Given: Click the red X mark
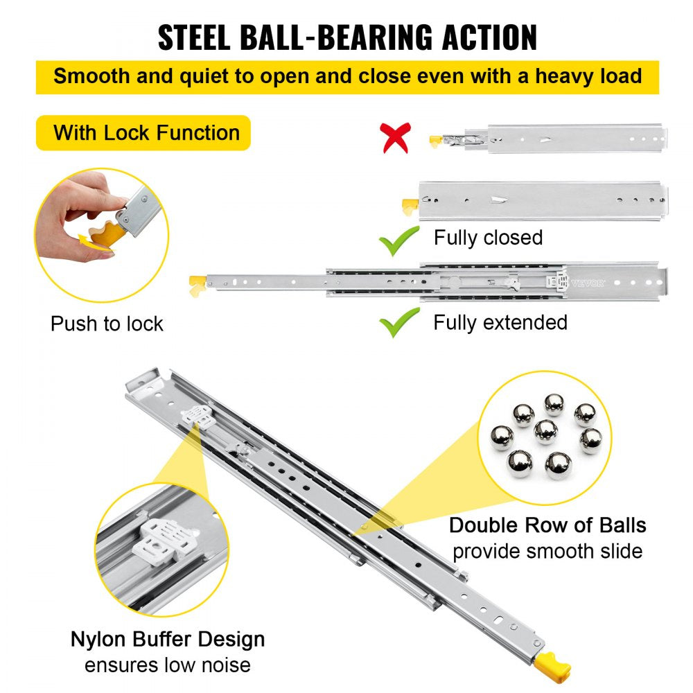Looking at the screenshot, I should (396, 138).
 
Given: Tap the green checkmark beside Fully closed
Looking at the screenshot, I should (399, 240).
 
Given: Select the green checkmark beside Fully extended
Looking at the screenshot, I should (399, 322).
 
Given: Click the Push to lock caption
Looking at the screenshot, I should (107, 324).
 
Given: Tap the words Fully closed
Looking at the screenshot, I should (488, 238).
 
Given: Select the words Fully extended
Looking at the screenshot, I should (500, 322).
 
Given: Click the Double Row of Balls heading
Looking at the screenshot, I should (547, 525).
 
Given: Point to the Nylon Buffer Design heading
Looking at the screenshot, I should (168, 638).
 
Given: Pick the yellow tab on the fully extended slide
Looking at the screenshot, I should (197, 282).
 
